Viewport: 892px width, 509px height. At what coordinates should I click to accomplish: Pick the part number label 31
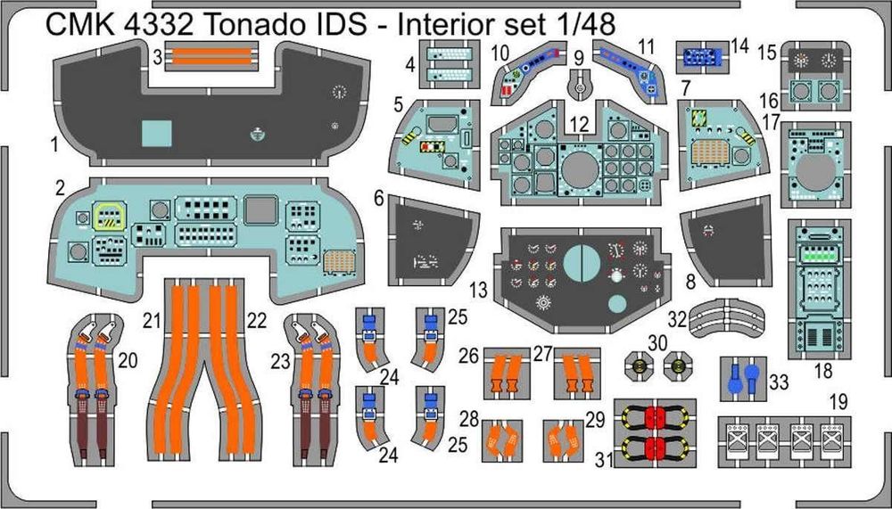point(603,461)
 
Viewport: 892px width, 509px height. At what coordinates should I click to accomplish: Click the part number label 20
point(128,360)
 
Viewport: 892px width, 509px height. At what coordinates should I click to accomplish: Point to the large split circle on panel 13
point(585,265)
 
